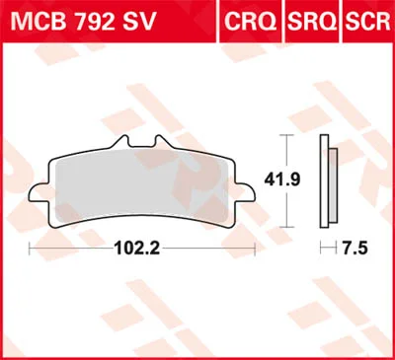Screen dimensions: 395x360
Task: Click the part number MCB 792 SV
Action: pos(83,22)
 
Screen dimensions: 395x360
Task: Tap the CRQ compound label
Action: pos(250,22)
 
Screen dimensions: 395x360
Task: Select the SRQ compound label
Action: pos(312,22)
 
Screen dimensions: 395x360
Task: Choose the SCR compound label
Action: pos(367,22)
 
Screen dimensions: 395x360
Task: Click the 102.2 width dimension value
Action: pos(137,249)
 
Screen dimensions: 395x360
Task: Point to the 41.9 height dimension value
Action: pos(282,180)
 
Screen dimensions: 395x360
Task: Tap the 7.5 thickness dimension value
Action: pos(355,249)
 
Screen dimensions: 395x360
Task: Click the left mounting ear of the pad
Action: pos(39,192)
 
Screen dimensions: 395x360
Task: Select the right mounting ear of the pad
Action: pos(245,192)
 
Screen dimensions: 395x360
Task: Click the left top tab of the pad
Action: pos(120,142)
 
